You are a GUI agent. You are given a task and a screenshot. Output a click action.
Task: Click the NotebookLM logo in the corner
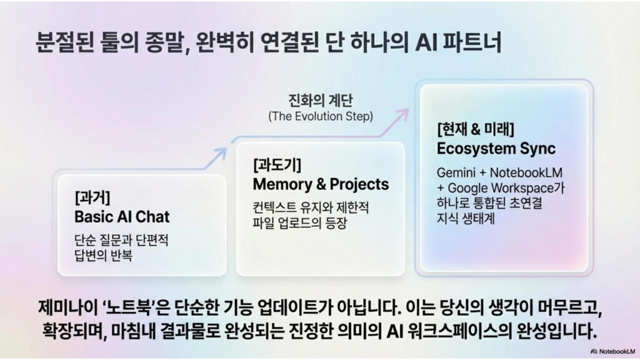tap(612, 351)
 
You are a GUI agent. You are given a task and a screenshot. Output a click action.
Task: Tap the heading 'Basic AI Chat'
tap(122, 216)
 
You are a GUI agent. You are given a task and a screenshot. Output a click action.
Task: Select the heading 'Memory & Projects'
tap(321, 184)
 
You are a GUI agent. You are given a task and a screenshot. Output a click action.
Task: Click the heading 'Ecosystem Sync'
tap(496, 148)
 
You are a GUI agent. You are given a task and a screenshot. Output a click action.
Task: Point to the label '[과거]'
tap(92, 197)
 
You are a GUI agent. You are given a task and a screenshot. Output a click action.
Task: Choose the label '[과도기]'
tap(277, 165)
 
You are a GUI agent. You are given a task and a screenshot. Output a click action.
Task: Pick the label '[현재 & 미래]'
tap(476, 129)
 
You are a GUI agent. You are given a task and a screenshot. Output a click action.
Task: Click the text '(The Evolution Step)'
tap(321, 116)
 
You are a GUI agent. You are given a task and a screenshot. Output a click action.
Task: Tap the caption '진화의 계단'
tap(321, 101)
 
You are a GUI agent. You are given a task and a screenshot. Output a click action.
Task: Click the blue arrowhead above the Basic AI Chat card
tap(221, 154)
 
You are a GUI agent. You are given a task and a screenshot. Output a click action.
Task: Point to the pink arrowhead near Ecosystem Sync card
tap(402, 115)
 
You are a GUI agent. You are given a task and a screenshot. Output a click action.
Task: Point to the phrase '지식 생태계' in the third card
tap(465, 218)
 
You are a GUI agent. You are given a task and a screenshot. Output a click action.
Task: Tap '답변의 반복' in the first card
tap(103, 256)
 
